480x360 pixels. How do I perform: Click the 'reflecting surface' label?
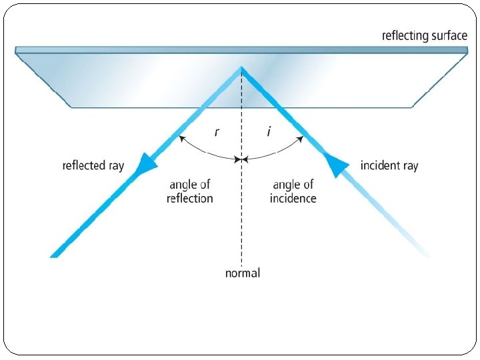(424, 35)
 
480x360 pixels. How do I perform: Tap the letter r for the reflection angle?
(215, 132)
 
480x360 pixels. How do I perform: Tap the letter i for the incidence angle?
(269, 132)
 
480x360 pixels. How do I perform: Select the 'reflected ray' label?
(93, 165)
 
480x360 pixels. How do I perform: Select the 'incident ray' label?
(389, 165)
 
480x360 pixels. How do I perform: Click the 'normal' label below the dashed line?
(242, 273)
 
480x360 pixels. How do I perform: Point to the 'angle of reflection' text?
(189, 191)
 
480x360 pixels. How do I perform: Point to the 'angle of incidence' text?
(293, 191)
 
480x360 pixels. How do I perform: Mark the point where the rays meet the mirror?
(241, 67)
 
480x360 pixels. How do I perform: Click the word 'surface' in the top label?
(448, 35)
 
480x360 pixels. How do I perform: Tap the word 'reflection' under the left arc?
(189, 198)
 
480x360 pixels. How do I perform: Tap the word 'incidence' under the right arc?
(293, 198)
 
